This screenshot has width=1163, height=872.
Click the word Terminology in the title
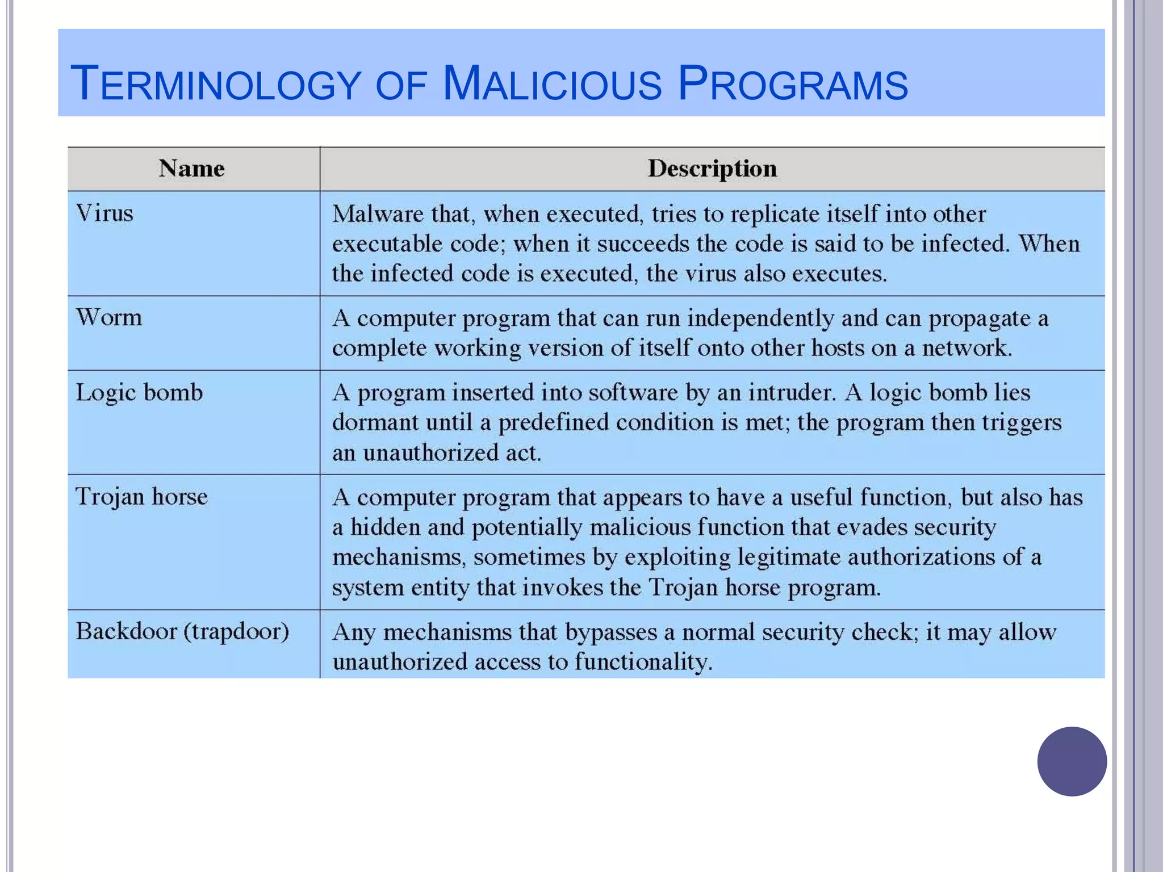pos(216,84)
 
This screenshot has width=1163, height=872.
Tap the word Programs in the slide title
pos(793,84)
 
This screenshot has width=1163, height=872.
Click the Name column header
pos(192,169)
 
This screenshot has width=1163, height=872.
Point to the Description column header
pos(712,169)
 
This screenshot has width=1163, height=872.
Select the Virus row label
pos(104,213)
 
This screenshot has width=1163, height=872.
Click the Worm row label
pos(109,317)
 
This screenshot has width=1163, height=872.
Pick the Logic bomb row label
pos(139,393)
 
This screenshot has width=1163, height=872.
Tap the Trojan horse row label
pos(142,497)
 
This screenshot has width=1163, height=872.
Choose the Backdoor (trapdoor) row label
pos(182,631)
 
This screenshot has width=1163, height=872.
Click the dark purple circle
pos(1072,761)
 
